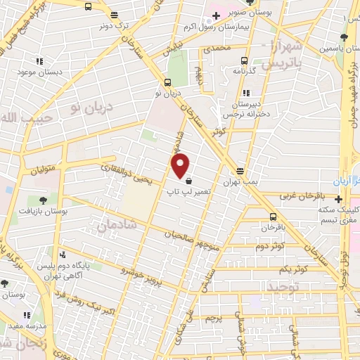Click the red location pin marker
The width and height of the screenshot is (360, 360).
click(x=181, y=165)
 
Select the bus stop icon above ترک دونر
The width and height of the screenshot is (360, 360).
click(x=87, y=6)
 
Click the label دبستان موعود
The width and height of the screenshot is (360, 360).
click(x=39, y=73)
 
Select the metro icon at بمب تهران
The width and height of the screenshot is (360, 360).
click(x=240, y=171)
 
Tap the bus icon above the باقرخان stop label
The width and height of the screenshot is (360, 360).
click(x=273, y=217)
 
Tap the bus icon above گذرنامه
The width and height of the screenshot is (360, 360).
click(x=244, y=60)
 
